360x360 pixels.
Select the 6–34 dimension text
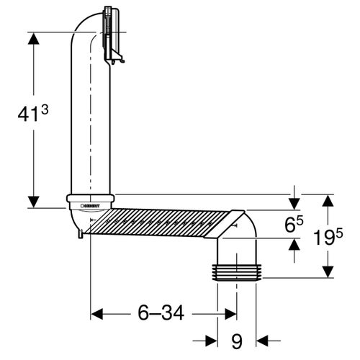click(161, 312)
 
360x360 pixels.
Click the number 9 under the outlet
click(237, 338)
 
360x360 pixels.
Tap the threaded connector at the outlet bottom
click(237, 271)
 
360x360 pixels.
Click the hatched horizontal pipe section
click(158, 223)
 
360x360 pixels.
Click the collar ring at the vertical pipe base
click(90, 197)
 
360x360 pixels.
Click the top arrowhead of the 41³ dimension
click(32, 40)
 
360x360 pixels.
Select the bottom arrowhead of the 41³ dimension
click(32, 199)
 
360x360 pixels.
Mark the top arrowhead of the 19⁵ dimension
click(328, 202)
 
